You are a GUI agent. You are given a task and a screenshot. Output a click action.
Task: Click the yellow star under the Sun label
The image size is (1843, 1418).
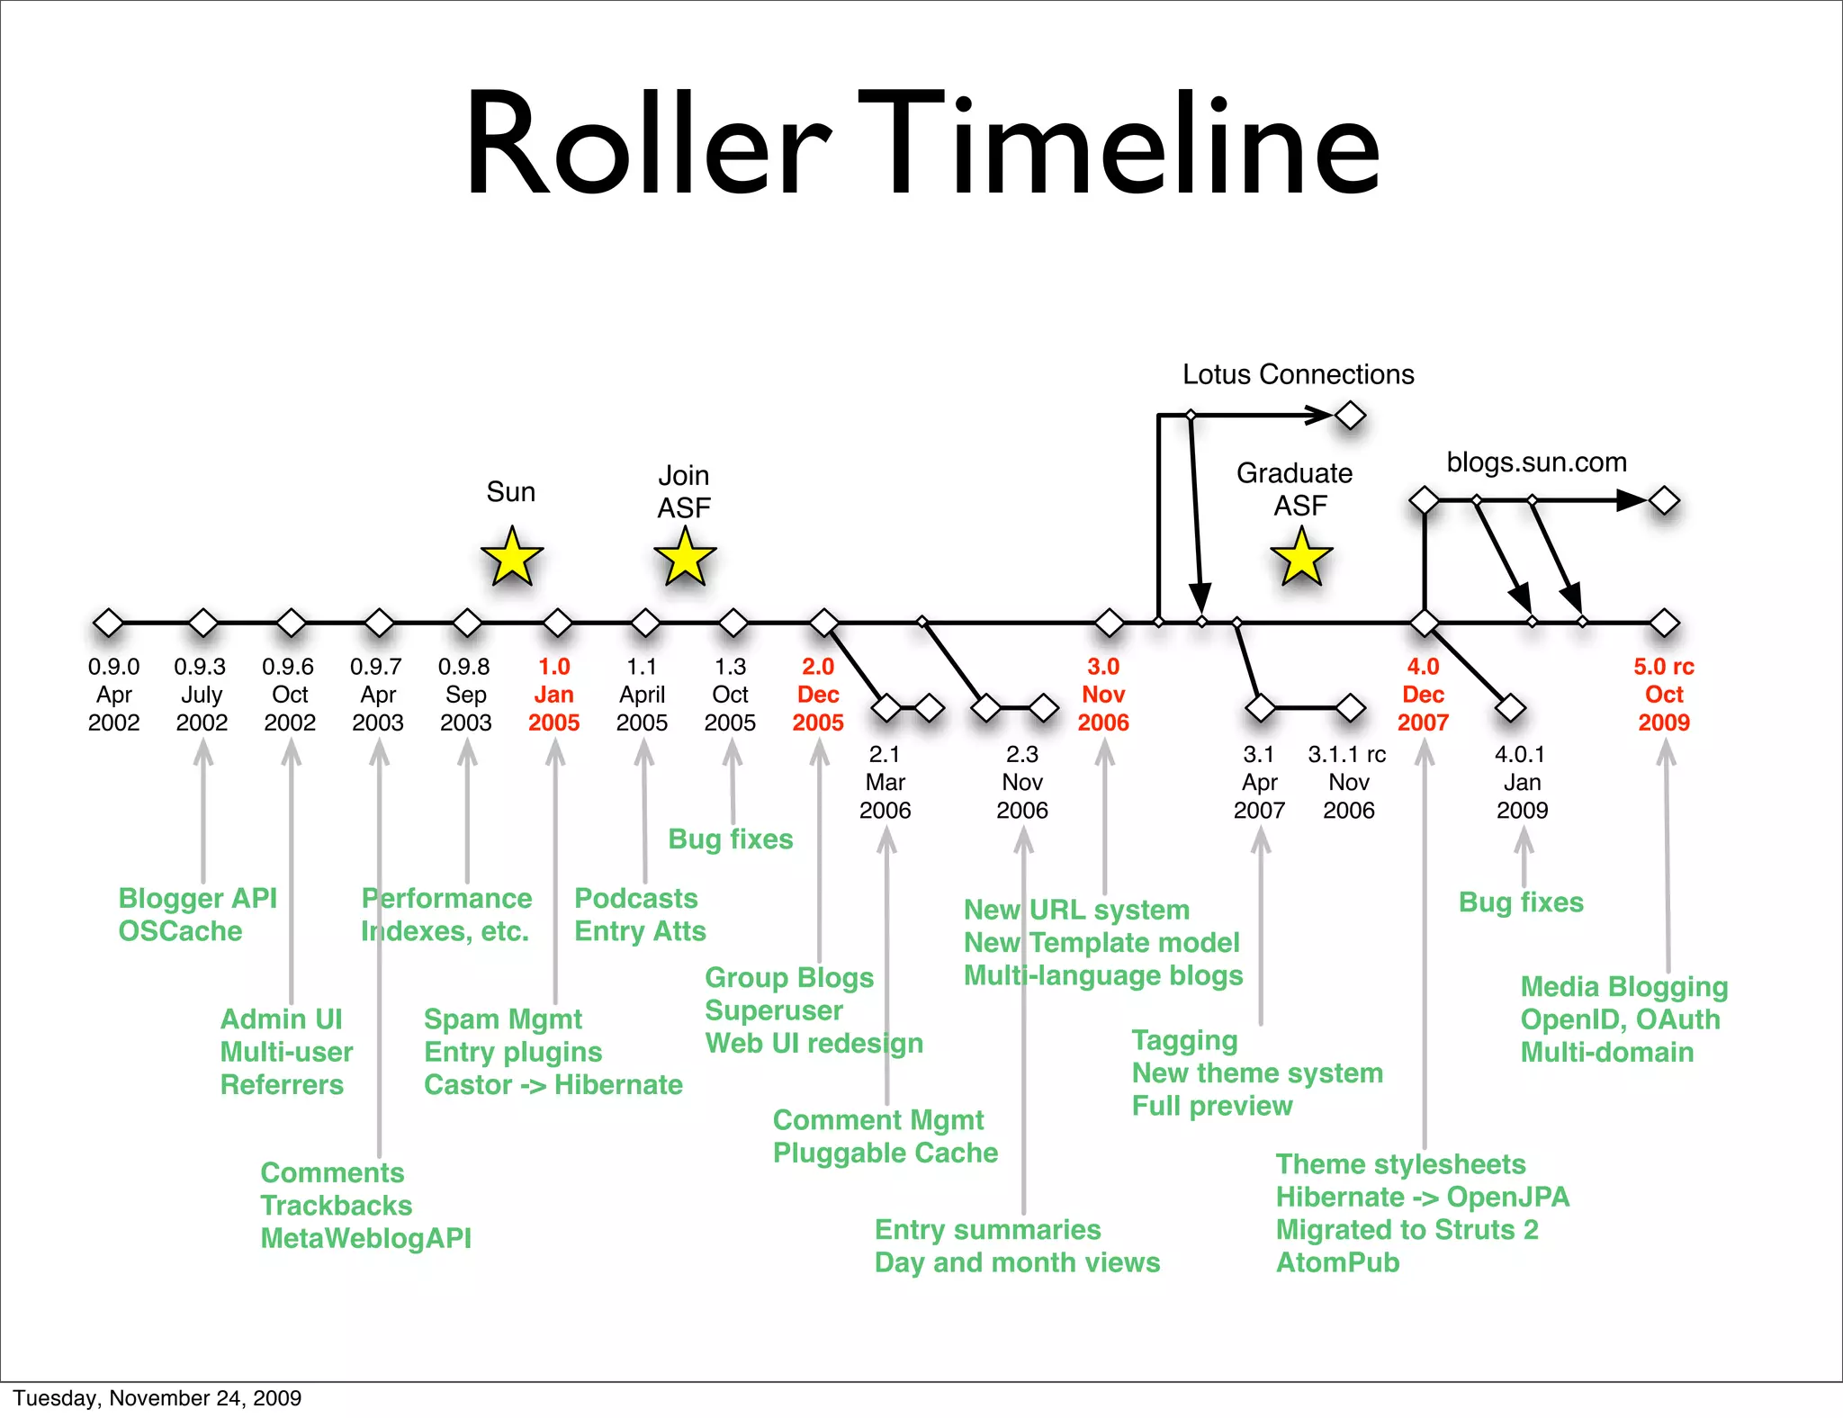[x=512, y=558]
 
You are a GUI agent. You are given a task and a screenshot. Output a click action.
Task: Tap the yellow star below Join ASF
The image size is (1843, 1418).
[x=685, y=558]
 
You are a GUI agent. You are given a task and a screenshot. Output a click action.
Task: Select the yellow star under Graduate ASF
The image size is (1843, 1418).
[x=1301, y=559]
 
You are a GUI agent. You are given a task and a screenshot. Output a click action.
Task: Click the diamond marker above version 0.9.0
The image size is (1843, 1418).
[x=109, y=623]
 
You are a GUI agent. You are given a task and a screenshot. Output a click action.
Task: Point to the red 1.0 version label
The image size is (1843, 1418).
[x=554, y=667]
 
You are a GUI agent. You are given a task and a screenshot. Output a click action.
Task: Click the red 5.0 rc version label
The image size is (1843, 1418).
[x=1664, y=667]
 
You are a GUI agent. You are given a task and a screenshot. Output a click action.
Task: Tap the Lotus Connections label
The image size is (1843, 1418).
[x=1298, y=374]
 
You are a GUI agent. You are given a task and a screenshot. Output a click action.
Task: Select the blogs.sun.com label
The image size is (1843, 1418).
[x=1536, y=462]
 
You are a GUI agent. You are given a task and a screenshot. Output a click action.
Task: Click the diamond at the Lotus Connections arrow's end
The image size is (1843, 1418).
[x=1350, y=416]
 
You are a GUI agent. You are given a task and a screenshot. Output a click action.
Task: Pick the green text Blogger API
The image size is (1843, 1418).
[x=197, y=898]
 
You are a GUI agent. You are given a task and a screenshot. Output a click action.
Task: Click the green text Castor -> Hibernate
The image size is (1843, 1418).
[x=553, y=1085]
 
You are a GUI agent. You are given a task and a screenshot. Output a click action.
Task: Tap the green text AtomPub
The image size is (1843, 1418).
[x=1337, y=1262]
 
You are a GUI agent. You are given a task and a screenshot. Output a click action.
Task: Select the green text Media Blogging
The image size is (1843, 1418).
[x=1623, y=987]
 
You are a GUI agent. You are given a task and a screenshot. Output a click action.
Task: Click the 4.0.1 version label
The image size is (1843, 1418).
[x=1520, y=754]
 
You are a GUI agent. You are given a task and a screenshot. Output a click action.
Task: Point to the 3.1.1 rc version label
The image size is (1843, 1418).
[x=1347, y=754]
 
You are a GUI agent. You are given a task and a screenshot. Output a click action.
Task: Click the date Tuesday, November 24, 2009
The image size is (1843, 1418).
[x=157, y=1397]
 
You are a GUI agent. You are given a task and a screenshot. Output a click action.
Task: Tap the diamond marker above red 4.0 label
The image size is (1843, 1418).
[x=1424, y=623]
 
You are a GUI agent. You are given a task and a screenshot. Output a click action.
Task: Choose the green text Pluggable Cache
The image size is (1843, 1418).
[x=885, y=1153]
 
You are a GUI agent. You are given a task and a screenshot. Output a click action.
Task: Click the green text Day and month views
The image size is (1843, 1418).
[x=1017, y=1262]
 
